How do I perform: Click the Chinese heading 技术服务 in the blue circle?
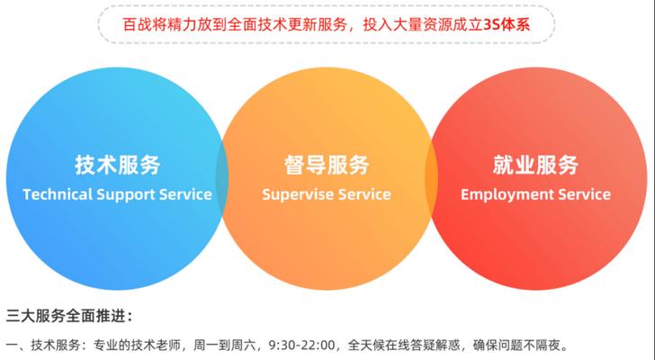click(118, 165)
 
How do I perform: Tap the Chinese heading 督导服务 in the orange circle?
click(327, 165)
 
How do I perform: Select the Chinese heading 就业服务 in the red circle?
click(535, 165)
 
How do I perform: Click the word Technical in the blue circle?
click(58, 194)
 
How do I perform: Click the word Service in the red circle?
click(585, 194)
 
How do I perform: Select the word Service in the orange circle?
click(364, 194)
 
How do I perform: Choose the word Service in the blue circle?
click(185, 194)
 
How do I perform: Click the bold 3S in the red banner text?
click(492, 25)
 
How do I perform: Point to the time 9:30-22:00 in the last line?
click(302, 346)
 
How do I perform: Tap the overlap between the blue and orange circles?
click(222, 178)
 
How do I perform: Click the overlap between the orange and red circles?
click(432, 178)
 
